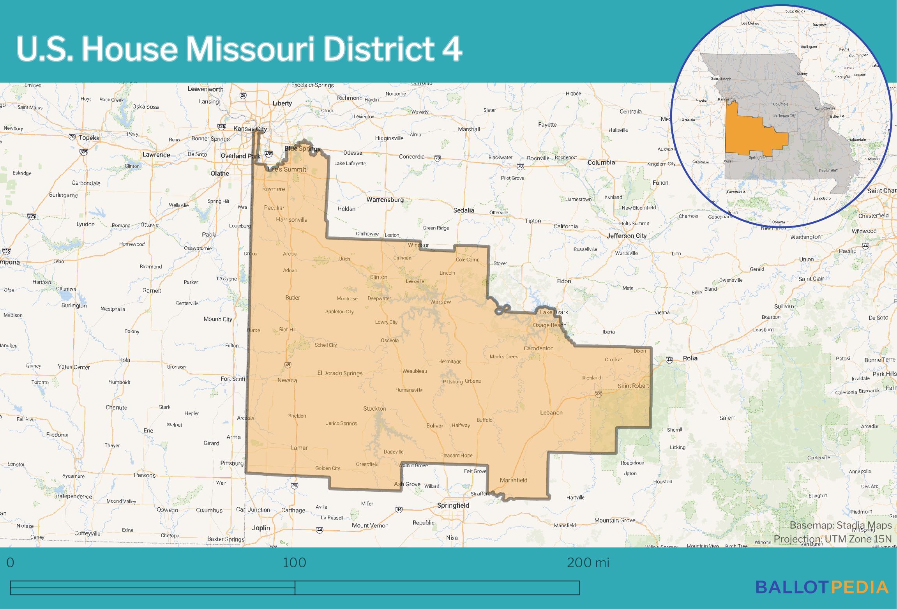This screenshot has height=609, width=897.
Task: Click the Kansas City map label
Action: pos(250,129)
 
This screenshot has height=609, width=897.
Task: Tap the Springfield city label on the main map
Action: pos(453,505)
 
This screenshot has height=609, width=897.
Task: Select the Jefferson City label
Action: pos(626,236)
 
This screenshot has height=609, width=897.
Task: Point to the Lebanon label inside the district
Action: pos(551,412)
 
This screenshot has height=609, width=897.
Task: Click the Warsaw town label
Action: pos(440,302)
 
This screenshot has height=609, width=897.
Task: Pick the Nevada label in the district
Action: pos(287,380)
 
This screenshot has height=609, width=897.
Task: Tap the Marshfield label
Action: pos(513,480)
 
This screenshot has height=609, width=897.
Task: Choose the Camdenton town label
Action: pos(539,348)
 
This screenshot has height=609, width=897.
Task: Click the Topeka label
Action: pos(89,138)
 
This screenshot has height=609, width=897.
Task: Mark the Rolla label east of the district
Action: pos(690,358)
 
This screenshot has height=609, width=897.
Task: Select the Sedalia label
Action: pos(464,210)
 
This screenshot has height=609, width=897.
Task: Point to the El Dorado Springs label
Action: pos(340,373)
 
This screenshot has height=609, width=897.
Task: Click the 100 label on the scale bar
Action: pos(295,563)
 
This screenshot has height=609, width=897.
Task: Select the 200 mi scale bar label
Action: pos(588,563)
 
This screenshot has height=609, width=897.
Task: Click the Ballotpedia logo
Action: pos(822,587)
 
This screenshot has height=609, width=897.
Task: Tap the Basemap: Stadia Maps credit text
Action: pos(840,525)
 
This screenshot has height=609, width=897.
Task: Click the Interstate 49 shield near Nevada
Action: pos(288,365)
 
